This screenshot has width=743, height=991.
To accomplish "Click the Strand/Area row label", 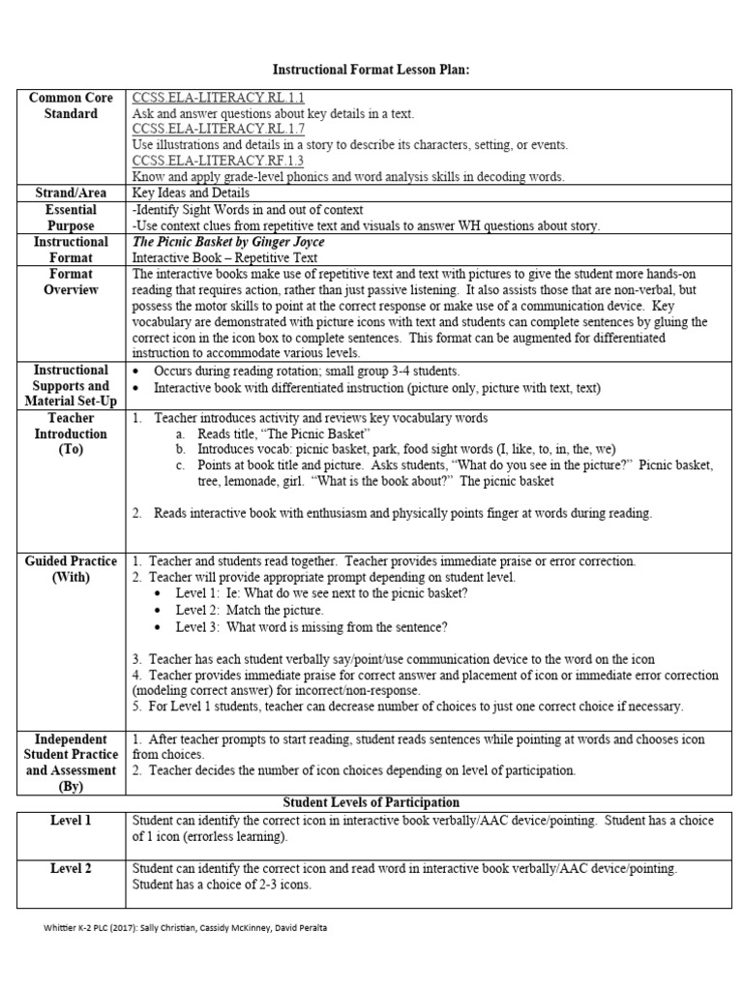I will (71, 194).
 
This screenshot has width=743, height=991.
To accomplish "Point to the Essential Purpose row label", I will (71, 218).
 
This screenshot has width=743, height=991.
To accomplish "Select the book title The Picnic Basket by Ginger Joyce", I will (228, 242).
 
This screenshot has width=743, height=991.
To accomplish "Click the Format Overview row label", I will (71, 282).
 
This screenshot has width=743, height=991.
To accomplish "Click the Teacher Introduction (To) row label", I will (71, 434).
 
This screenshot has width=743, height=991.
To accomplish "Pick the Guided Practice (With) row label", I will (71, 569).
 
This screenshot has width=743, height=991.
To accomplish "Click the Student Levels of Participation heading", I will (371, 803).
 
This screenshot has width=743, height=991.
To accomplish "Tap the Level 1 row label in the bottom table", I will (71, 821).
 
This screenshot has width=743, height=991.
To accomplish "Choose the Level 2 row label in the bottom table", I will (71, 869).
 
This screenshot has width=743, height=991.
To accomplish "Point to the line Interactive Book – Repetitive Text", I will (224, 258).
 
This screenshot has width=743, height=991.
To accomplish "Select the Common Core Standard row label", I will (71, 105).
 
